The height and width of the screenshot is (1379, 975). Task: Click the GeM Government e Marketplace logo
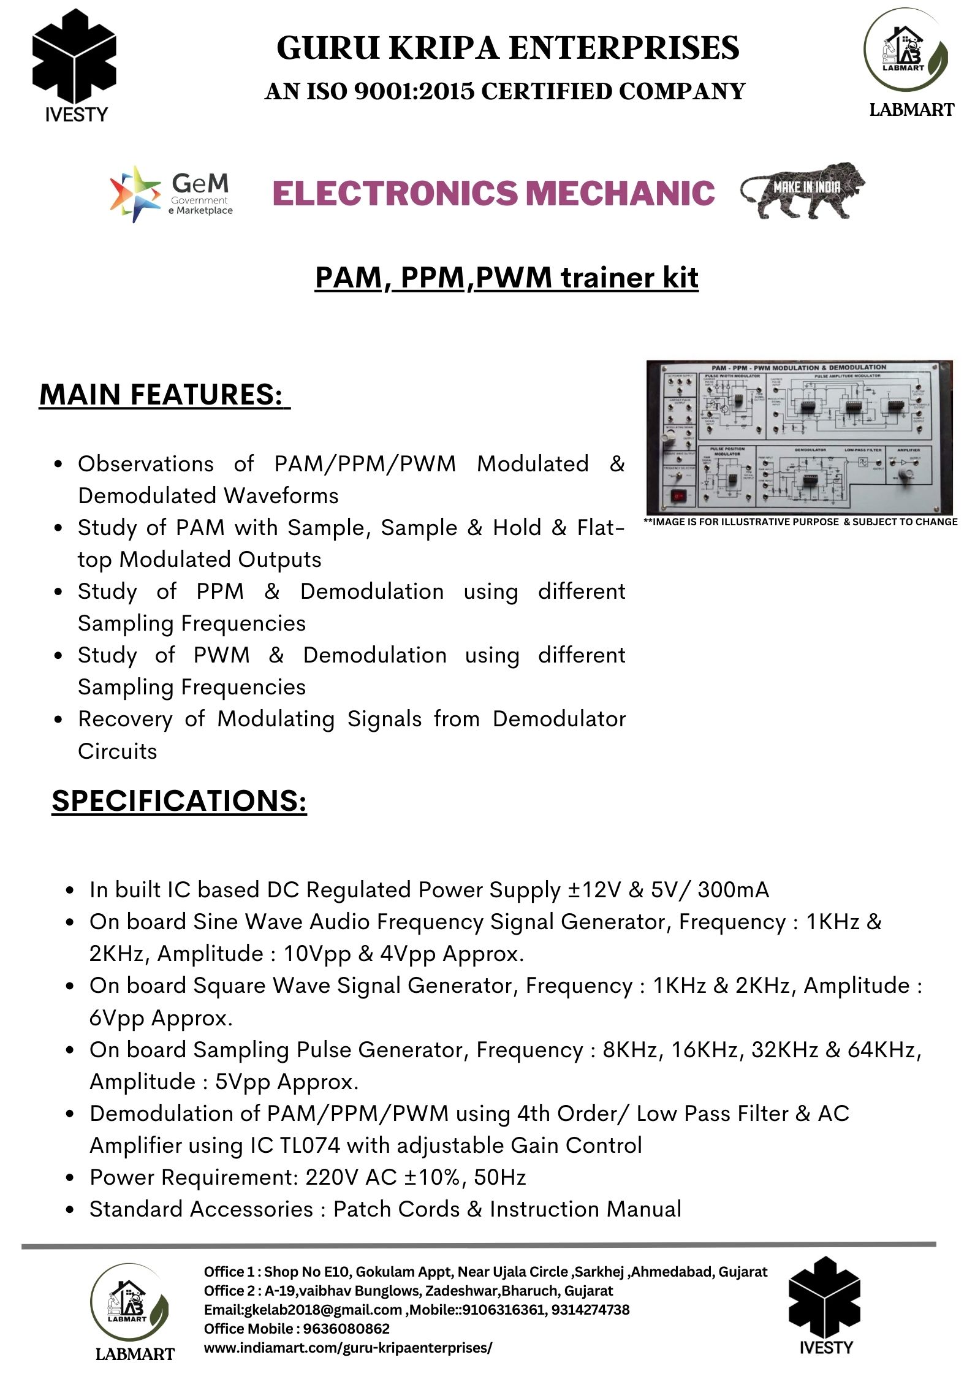click(172, 193)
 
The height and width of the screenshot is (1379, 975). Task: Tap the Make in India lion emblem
click(803, 191)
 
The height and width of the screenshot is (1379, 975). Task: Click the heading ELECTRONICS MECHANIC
click(493, 193)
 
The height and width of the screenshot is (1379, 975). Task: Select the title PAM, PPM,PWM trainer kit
click(506, 278)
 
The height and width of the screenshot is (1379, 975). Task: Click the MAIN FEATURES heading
click(164, 394)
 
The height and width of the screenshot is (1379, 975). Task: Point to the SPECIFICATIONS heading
click(179, 800)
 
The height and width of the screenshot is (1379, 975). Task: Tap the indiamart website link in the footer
click(347, 1347)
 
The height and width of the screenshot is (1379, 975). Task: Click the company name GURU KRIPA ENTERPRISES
click(508, 48)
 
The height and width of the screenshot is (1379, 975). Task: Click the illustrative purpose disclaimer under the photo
click(800, 522)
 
